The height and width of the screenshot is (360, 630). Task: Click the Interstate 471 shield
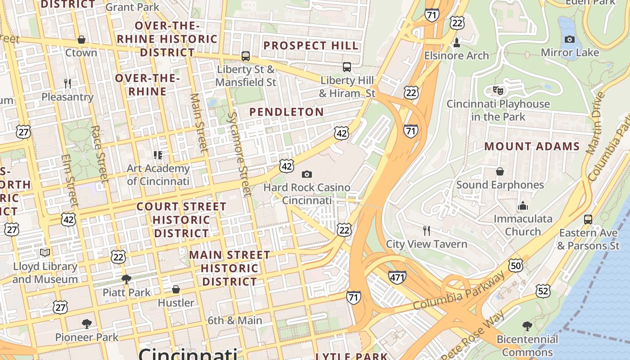click(397, 277)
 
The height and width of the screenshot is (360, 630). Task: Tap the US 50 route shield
click(516, 265)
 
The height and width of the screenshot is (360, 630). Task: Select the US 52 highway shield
click(543, 291)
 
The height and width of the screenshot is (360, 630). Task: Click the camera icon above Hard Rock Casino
click(307, 174)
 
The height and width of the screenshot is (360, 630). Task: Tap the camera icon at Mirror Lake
click(570, 39)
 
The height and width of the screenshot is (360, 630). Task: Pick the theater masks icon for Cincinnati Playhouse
click(498, 90)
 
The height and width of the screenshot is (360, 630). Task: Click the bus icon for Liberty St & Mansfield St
click(246, 56)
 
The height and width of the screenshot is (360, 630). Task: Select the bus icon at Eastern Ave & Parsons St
click(588, 220)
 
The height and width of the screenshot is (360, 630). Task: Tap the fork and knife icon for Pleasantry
click(67, 84)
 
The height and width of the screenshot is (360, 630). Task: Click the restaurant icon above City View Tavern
click(427, 231)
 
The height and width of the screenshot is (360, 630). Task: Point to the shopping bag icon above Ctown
click(81, 40)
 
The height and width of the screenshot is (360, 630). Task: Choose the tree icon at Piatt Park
click(126, 279)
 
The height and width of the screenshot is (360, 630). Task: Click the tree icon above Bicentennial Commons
click(527, 326)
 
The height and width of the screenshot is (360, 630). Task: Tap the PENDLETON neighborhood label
click(287, 112)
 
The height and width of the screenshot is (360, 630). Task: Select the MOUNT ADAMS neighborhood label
click(532, 147)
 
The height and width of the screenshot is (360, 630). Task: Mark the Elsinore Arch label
click(456, 56)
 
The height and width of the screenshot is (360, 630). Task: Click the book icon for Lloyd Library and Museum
click(45, 253)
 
